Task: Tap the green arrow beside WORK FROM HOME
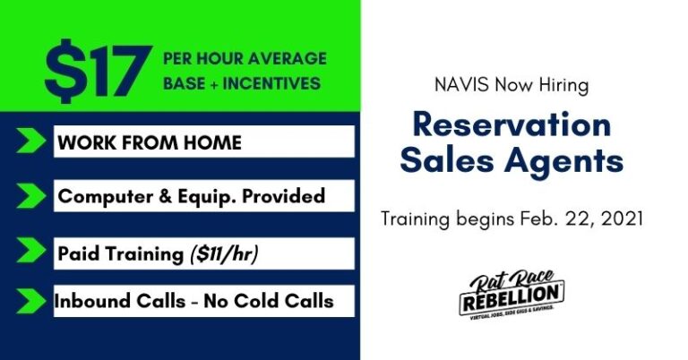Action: coord(30,142)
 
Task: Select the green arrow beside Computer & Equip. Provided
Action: coord(30,195)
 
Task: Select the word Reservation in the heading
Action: coord(512,124)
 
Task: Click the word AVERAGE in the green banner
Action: coord(293,59)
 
